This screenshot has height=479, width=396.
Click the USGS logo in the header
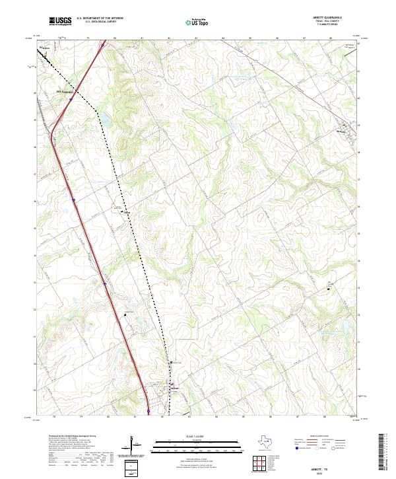pyautogui.click(x=60, y=21)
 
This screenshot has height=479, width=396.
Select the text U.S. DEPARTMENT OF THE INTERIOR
pyautogui.click(x=100, y=18)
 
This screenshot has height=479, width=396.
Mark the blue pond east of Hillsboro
pyautogui.click(x=104, y=120)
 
